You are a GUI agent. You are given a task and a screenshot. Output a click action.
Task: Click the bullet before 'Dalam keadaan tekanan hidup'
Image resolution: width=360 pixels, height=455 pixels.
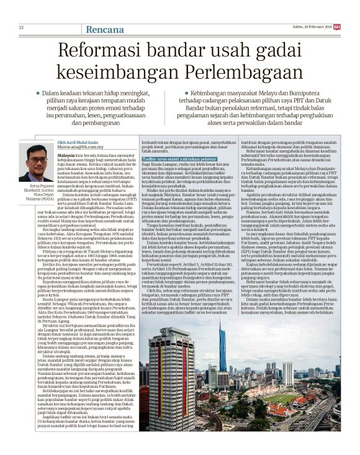tap(38, 92)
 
